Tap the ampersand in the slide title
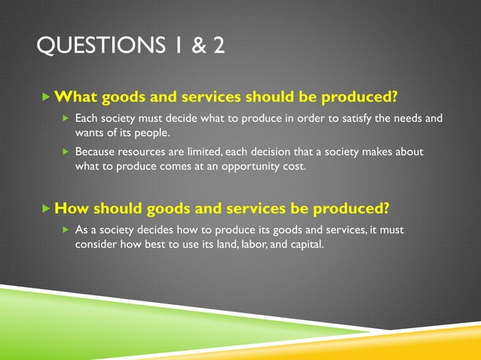click(198, 47)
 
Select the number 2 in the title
click(218, 47)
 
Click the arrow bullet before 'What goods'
click(47, 98)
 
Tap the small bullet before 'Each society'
click(66, 119)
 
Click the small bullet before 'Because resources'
click(66, 152)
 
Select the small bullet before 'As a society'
click(66, 230)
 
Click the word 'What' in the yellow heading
click(75, 98)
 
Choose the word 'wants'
click(90, 133)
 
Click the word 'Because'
click(97, 152)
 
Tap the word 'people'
click(164, 133)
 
